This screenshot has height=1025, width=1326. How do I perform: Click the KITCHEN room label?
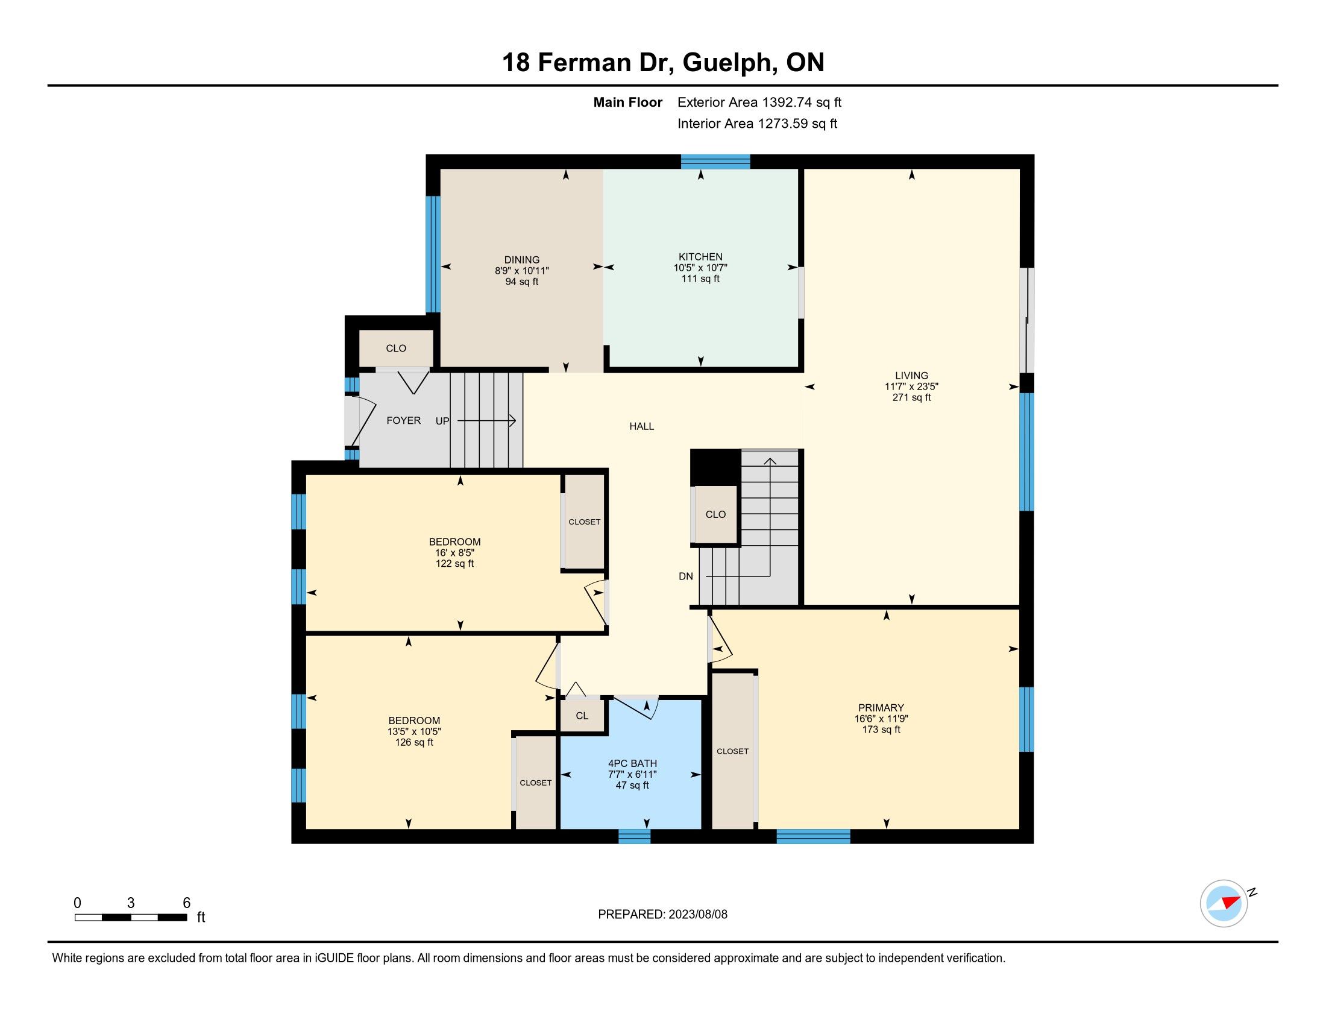(700, 257)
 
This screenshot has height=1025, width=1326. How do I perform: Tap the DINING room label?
(521, 260)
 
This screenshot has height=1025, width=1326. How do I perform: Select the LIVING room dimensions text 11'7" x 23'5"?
(911, 386)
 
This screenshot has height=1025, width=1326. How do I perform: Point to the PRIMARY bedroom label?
(881, 707)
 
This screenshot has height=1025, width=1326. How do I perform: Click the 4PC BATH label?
(632, 763)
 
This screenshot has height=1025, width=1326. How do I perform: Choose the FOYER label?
(404, 420)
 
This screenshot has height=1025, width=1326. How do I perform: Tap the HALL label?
(642, 426)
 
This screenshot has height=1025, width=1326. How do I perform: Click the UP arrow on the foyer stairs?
(486, 420)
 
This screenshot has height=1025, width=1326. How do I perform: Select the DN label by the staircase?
(685, 576)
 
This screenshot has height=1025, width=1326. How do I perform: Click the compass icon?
(1224, 904)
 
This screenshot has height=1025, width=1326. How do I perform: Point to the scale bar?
(131, 918)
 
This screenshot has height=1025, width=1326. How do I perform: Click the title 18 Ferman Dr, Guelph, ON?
(663, 63)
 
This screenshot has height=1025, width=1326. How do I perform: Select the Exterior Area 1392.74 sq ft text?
(759, 102)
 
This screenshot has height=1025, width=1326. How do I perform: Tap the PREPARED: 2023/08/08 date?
(662, 915)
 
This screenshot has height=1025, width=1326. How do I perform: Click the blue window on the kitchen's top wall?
(715, 162)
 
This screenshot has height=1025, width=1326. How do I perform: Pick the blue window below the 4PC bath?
(635, 837)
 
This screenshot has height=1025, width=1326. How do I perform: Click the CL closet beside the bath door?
(582, 716)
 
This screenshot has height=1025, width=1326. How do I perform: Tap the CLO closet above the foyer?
(396, 348)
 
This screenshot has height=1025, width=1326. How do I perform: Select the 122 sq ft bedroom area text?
(454, 564)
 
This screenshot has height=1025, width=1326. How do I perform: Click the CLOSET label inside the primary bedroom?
(732, 751)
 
